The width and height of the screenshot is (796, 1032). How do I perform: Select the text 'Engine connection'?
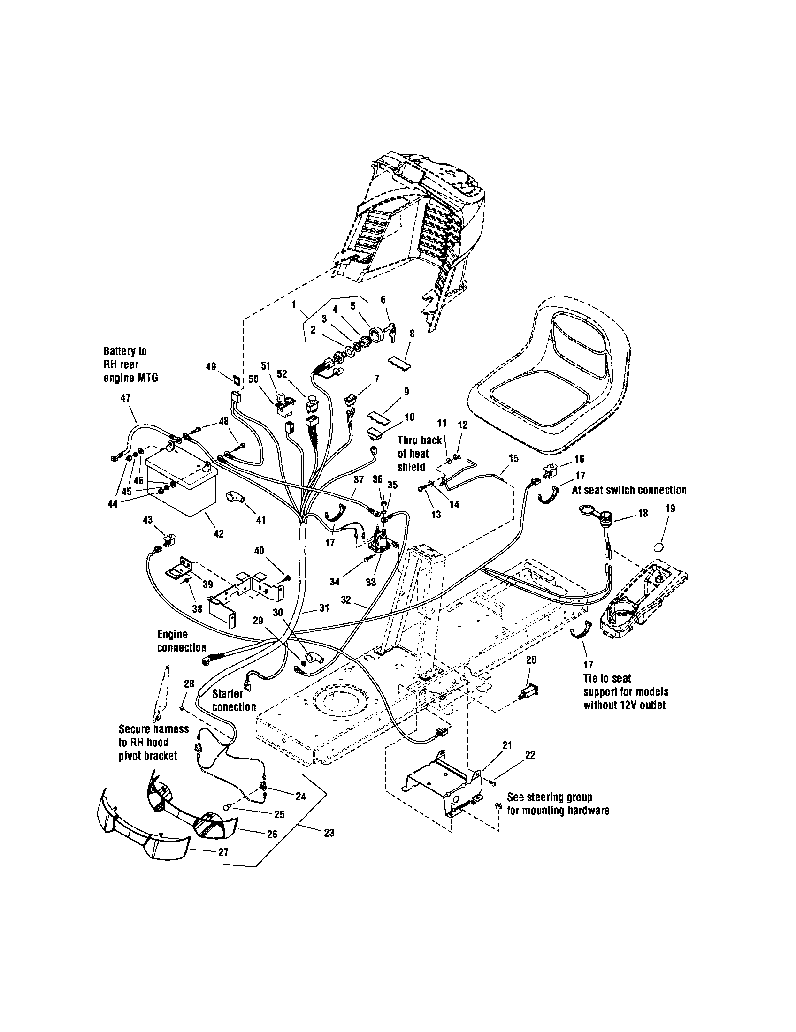click(182, 641)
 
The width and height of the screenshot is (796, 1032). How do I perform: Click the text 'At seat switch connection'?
click(629, 490)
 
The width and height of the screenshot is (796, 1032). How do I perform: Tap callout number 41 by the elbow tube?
click(260, 520)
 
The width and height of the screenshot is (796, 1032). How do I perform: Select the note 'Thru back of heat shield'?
click(419, 454)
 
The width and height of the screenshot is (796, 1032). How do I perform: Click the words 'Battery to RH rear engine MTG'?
click(130, 364)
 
